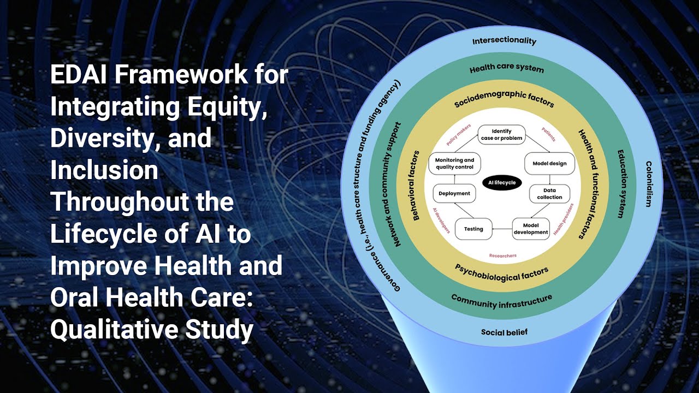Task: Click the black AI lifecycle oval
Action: (502, 183)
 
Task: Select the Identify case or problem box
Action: (501, 135)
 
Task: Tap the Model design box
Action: (549, 163)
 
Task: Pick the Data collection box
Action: (549, 194)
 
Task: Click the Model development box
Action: (531, 229)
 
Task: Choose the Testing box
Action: (473, 229)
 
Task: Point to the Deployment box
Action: (454, 193)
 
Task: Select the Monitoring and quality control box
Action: (454, 164)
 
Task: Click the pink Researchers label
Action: (502, 255)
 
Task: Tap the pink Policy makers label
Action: (458, 136)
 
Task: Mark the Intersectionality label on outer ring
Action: (504, 41)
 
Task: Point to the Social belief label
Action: (504, 332)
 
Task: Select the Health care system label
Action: (506, 69)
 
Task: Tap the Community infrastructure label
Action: (501, 301)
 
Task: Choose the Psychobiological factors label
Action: (501, 272)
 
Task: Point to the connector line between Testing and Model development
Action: (502, 229)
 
